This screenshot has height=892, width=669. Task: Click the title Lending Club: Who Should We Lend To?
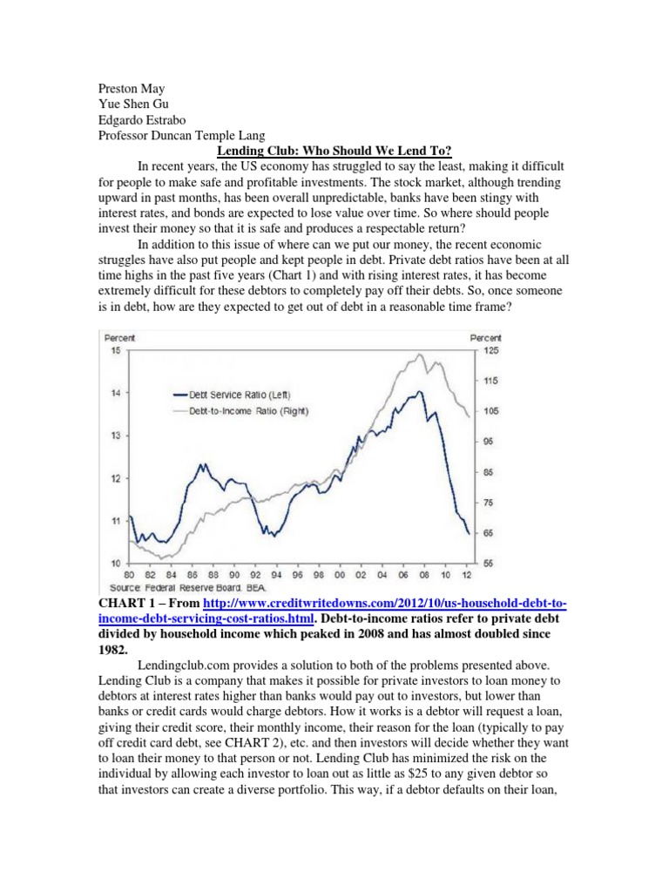[x=334, y=151]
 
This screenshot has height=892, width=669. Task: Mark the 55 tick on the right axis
[x=489, y=564]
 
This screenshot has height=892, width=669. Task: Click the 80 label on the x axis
[x=130, y=576]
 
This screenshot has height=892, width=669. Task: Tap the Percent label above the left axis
[x=119, y=337]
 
